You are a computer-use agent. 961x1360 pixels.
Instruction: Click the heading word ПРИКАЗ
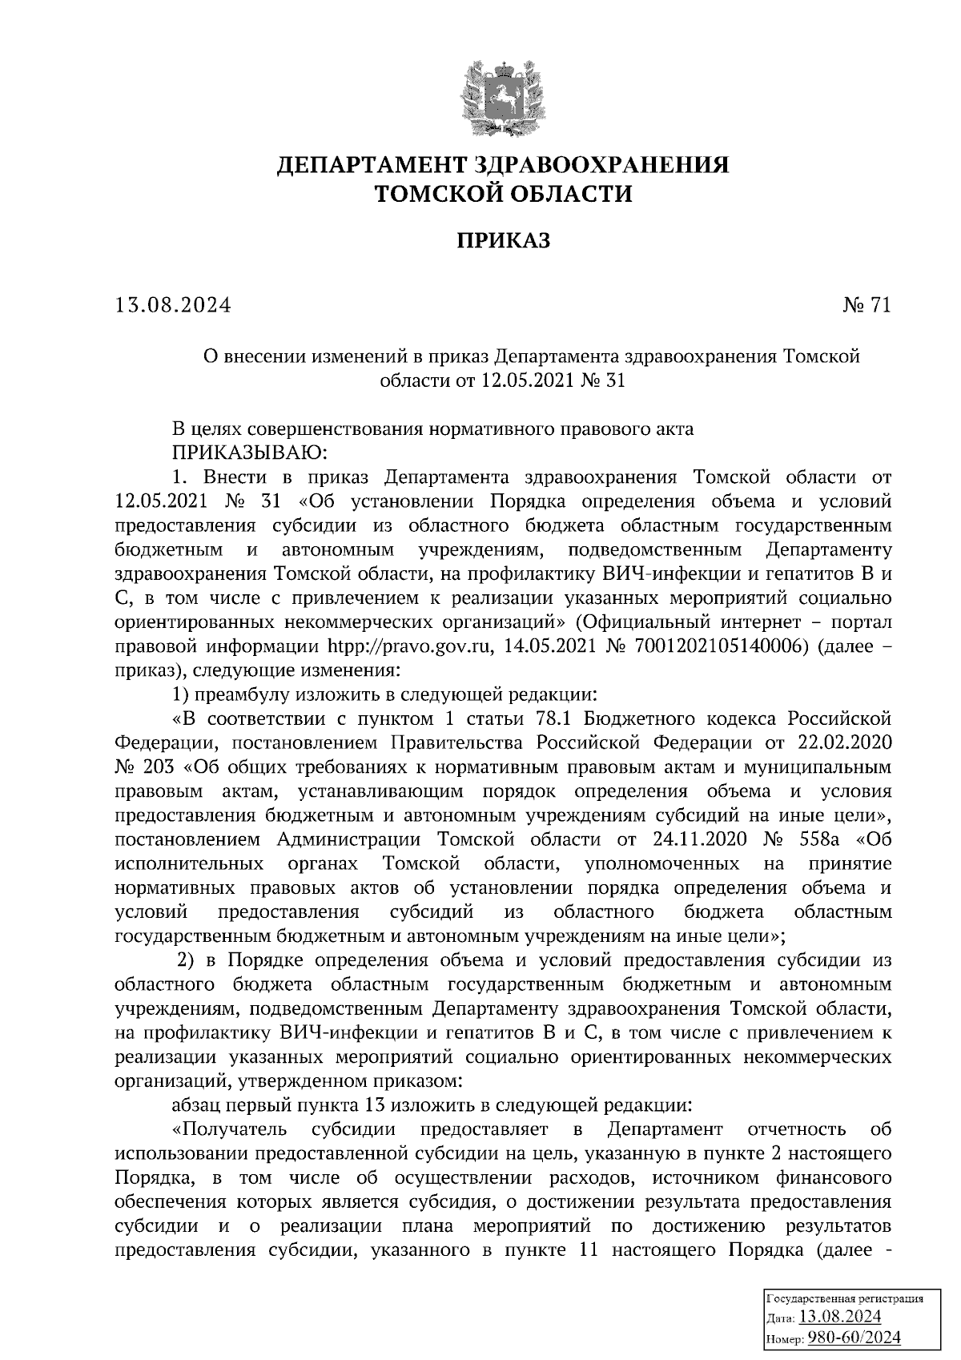pos(503,240)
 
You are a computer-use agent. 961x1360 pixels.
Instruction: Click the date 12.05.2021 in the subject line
pos(529,381)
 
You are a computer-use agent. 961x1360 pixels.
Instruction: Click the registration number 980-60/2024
pos(854,1338)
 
